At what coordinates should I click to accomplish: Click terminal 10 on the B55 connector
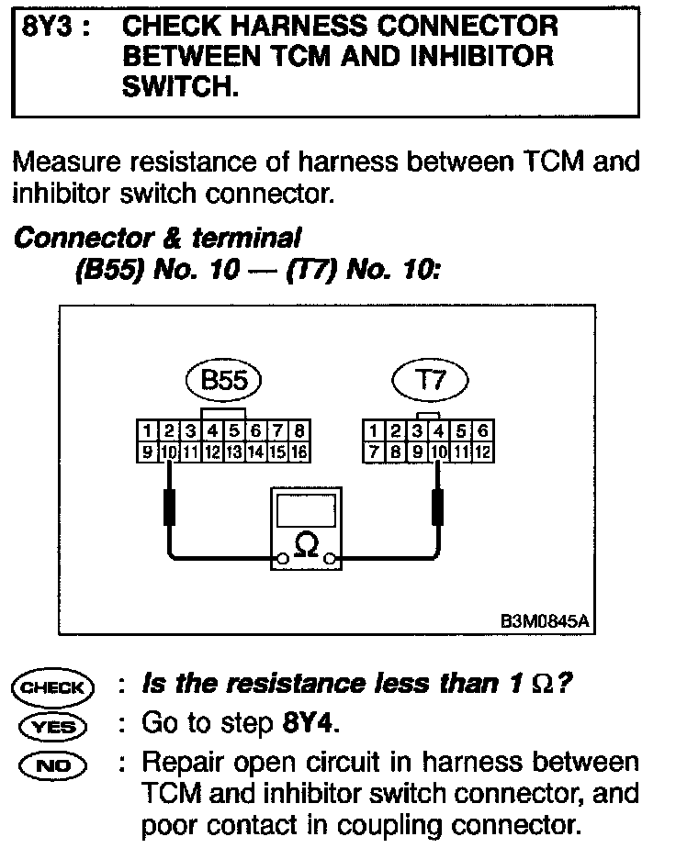click(x=169, y=452)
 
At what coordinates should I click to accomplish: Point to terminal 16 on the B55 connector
click(x=299, y=452)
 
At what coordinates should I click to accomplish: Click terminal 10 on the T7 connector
click(x=438, y=452)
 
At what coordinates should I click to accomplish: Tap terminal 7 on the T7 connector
click(x=374, y=452)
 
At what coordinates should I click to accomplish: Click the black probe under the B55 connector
click(x=169, y=507)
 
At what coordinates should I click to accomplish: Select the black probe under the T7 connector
click(x=438, y=507)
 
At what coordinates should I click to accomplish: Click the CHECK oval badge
click(x=51, y=686)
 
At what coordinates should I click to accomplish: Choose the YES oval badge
click(x=51, y=725)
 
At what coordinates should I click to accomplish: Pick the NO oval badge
click(x=51, y=764)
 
